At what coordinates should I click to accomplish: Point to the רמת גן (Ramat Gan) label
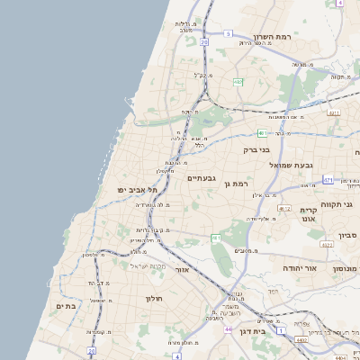[236, 184]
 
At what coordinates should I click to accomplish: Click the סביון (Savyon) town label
[347, 235]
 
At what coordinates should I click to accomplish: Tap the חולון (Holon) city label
[153, 297]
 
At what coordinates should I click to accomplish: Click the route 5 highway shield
[228, 33]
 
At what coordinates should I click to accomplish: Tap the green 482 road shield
[238, 83]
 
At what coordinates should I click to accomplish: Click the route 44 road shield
[228, 330]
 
